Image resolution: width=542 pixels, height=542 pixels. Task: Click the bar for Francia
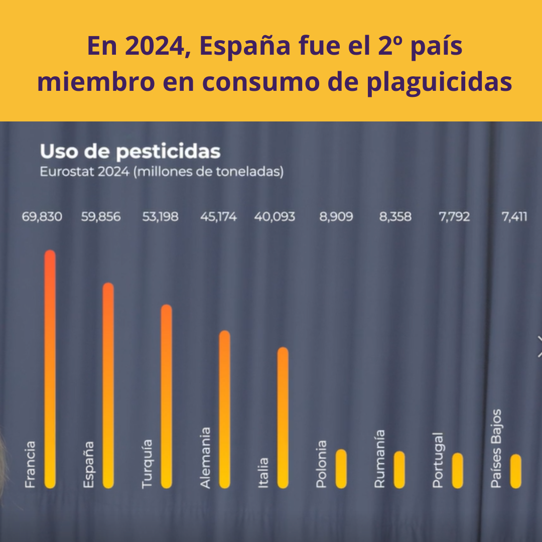coord(50,369)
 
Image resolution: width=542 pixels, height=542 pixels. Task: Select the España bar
coord(108,385)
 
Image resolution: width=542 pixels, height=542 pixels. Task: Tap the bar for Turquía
coord(167,396)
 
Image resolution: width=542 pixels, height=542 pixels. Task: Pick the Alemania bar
coord(225,410)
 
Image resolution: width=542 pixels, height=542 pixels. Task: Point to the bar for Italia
coord(283,418)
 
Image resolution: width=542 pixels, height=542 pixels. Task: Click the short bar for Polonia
coord(341,469)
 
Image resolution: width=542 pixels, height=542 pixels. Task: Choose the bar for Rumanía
coord(399,470)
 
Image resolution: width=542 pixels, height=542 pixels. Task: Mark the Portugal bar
coord(458,471)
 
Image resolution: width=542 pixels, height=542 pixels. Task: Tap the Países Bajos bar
coord(516,471)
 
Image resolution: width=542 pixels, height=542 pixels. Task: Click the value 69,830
coord(42,217)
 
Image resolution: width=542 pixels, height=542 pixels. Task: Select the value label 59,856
coord(101,217)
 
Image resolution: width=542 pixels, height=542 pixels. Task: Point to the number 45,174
coord(218,217)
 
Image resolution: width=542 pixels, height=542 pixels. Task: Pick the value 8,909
coord(336,217)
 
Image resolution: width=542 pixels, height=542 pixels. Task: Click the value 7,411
coord(514,217)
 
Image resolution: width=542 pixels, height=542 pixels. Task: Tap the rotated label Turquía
coord(147,464)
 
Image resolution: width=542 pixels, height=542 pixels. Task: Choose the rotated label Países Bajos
coord(496,449)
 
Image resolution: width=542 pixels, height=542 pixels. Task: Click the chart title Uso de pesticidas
coord(130,152)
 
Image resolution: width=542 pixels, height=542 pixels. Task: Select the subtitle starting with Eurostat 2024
coord(162,172)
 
